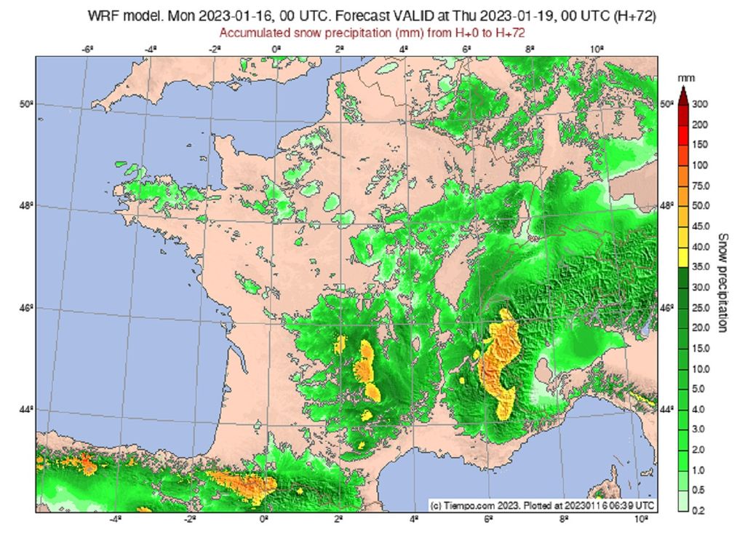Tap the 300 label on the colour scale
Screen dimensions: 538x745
coord(700,104)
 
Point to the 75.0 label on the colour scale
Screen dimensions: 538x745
coord(700,186)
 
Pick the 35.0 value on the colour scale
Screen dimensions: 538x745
coord(700,267)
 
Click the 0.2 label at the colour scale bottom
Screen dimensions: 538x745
coord(698,511)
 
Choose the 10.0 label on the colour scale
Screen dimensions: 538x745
coord(700,369)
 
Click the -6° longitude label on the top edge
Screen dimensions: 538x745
coord(87,49)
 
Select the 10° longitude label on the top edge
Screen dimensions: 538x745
coord(595,49)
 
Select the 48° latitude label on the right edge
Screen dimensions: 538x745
coord(666,205)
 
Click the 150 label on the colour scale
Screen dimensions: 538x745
coord(700,145)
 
